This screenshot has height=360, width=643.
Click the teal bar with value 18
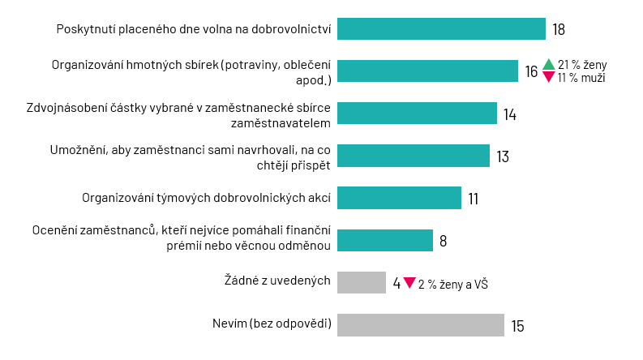pyautogui.click(x=441, y=29)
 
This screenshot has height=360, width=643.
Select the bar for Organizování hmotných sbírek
pyautogui.click(x=427, y=71)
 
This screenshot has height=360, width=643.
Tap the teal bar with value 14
pyautogui.click(x=417, y=114)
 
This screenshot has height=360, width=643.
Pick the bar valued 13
pyautogui.click(x=413, y=156)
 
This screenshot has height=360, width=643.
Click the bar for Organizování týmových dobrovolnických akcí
pyautogui.click(x=399, y=198)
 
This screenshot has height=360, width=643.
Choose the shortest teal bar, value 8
pyautogui.click(x=384, y=240)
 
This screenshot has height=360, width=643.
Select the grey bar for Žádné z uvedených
pyautogui.click(x=361, y=282)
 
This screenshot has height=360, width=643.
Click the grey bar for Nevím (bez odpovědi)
pyautogui.click(x=420, y=325)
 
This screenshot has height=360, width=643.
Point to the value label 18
pyautogui.click(x=558, y=30)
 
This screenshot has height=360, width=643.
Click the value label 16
pyautogui.click(x=530, y=72)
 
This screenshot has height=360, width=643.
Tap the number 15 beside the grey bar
pyautogui.click(x=517, y=326)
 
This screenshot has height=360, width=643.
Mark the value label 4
pyautogui.click(x=397, y=283)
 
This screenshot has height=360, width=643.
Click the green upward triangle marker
pyautogui.click(x=548, y=65)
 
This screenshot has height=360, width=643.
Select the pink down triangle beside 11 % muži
pyautogui.click(x=548, y=78)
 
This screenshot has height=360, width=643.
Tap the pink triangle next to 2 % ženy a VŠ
pyautogui.click(x=409, y=283)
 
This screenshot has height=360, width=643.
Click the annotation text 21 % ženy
pyautogui.click(x=581, y=65)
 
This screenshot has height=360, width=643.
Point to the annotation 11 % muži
pyautogui.click(x=581, y=79)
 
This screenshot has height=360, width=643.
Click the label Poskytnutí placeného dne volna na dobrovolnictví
pyautogui.click(x=194, y=30)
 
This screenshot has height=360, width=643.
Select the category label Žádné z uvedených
pyautogui.click(x=276, y=281)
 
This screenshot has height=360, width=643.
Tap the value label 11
pyautogui.click(x=474, y=199)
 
